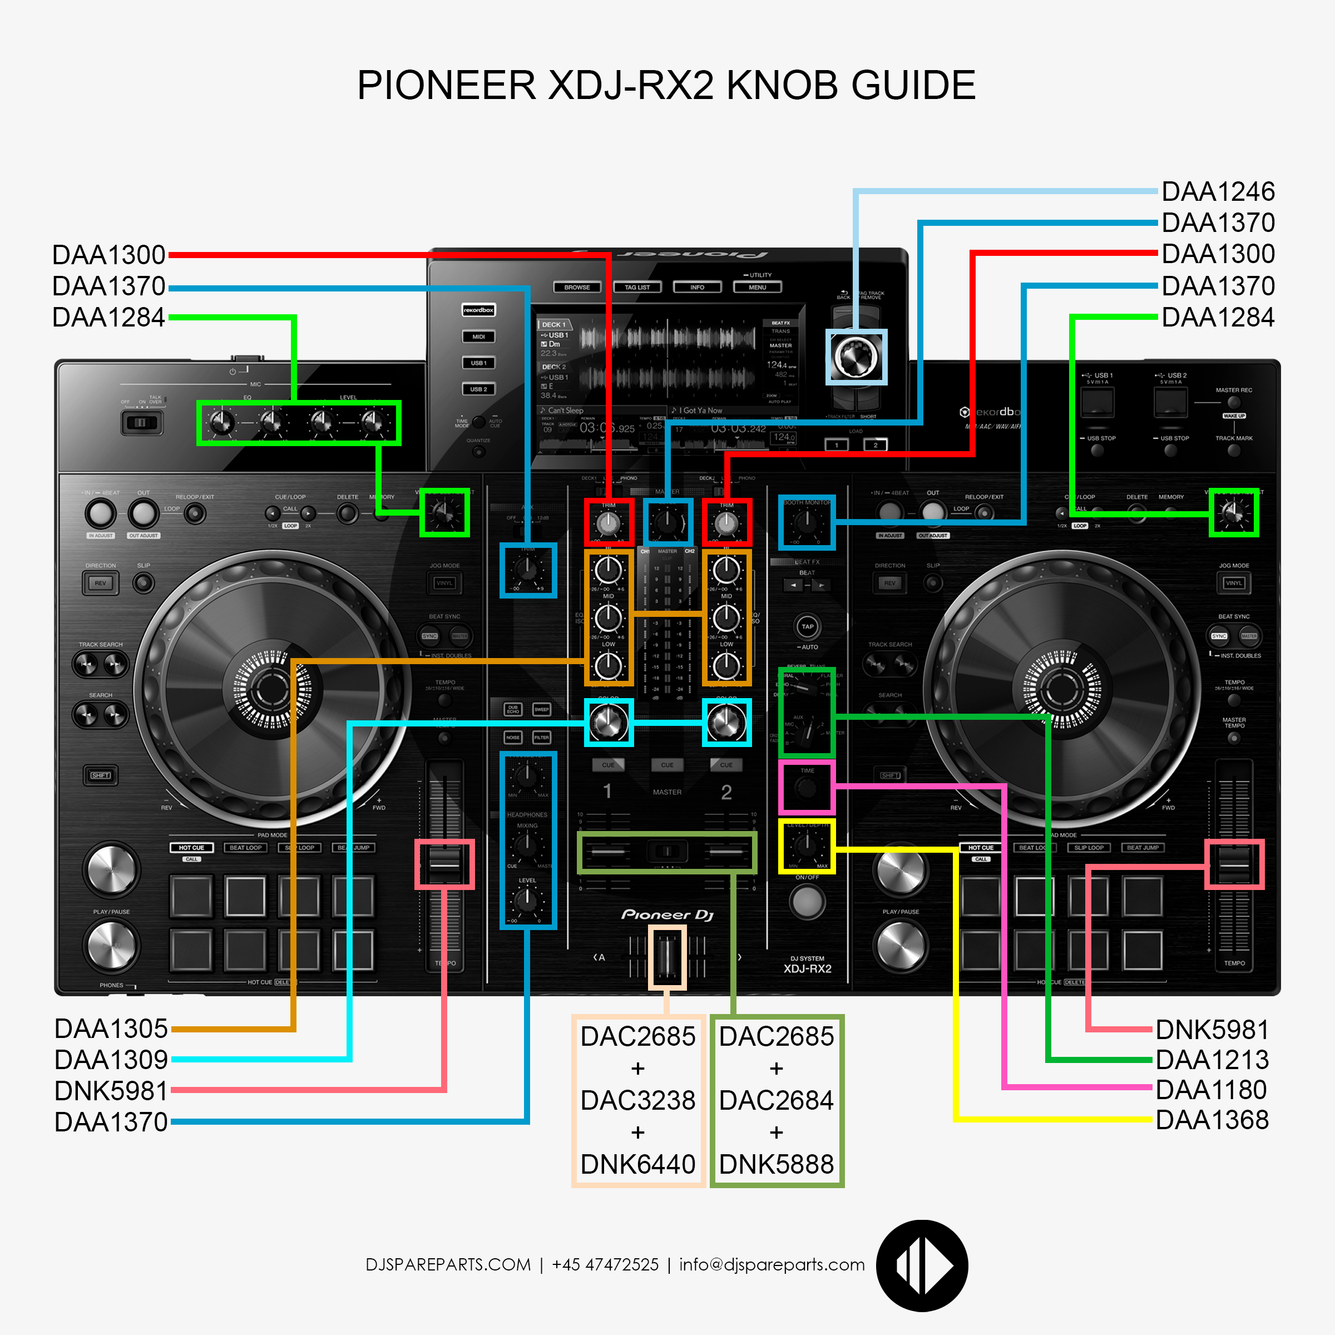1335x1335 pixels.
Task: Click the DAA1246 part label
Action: (x=1218, y=191)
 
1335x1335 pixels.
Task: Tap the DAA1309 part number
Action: (x=111, y=1059)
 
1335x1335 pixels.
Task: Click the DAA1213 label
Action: (x=1212, y=1059)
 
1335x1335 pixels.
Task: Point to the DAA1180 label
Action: (x=1210, y=1090)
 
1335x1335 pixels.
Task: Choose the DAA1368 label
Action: (x=1212, y=1120)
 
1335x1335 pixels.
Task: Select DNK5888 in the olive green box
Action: (x=776, y=1164)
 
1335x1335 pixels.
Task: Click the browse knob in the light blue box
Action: (x=856, y=357)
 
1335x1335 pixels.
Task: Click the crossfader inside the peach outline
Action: (x=667, y=956)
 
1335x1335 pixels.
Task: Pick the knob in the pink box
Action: (x=807, y=787)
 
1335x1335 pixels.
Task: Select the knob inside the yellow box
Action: (x=807, y=845)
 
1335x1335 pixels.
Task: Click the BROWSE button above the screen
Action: (x=577, y=287)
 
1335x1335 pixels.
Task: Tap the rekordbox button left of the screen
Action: (x=478, y=310)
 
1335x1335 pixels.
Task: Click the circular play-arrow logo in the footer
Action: (x=922, y=1266)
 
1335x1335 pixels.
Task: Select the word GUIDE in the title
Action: (x=913, y=86)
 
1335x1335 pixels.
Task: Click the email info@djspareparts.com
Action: (x=772, y=1264)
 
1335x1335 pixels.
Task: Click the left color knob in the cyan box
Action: (x=608, y=723)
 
